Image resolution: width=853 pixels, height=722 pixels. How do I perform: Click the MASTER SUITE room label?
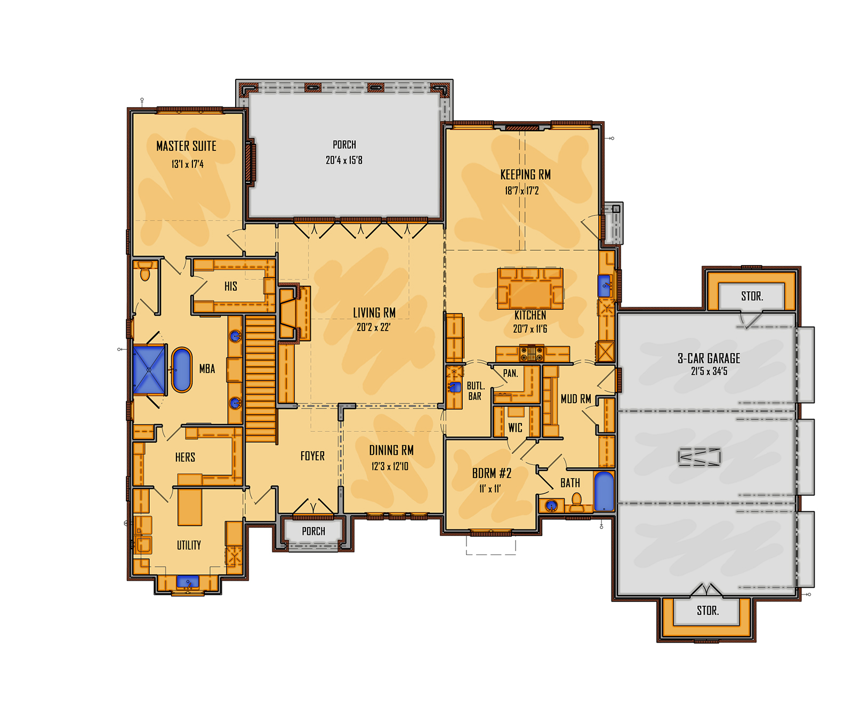pos(186,146)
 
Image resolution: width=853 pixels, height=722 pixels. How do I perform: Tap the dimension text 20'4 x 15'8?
pos(344,160)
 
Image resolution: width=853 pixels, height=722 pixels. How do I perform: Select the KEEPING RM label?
pos(525,174)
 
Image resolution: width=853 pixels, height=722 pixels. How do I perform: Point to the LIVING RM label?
pos(374,313)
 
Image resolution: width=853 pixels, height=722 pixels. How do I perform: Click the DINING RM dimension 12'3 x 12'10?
pos(390,467)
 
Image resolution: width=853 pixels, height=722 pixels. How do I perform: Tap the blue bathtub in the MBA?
pos(181,370)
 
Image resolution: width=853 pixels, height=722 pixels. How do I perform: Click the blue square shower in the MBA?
pos(149,370)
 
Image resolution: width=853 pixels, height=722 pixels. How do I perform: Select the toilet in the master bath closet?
pos(145,272)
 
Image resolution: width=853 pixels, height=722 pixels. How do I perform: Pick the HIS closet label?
pos(231,286)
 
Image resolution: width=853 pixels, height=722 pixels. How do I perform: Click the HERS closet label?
pos(185,458)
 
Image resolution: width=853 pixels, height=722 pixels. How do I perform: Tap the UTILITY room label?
pos(189,545)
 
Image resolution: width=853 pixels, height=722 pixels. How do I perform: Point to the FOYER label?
pos(312,456)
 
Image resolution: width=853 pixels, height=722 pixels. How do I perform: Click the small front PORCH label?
pos(313,531)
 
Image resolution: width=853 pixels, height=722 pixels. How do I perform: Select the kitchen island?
pos(530,288)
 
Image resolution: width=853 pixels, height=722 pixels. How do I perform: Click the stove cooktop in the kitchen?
pos(532,352)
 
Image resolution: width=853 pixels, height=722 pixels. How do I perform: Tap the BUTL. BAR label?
pos(475,391)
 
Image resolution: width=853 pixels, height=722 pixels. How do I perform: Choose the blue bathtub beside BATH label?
pos(604,491)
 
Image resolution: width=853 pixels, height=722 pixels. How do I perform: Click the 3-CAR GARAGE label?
pos(709,358)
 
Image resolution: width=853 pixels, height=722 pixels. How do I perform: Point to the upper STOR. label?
pos(752,296)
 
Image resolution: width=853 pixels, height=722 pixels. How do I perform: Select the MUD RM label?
pos(576,399)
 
